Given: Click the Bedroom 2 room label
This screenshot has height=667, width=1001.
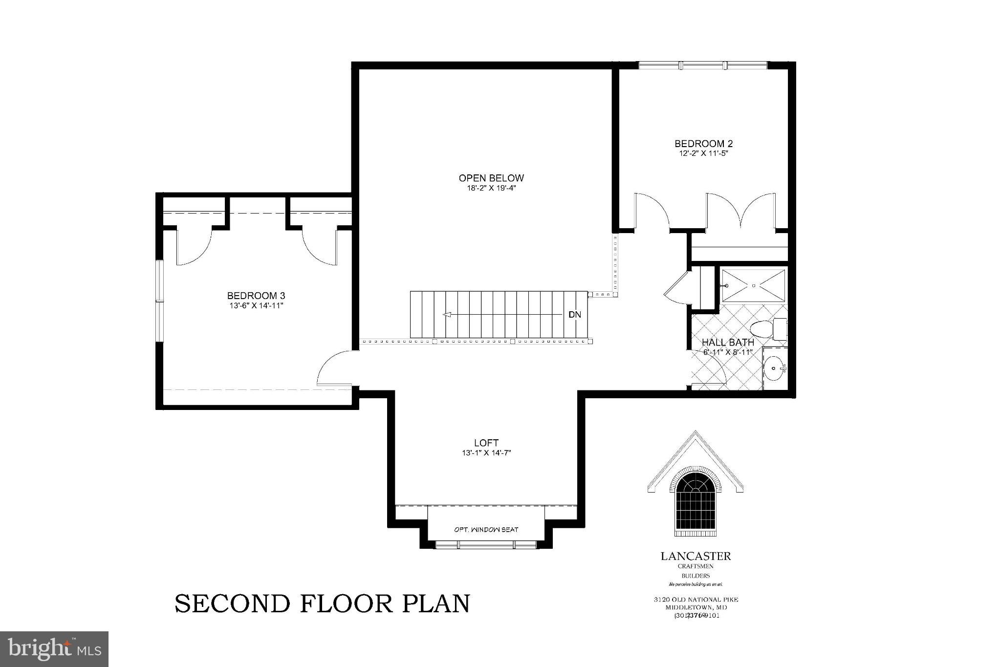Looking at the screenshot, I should point(703,144).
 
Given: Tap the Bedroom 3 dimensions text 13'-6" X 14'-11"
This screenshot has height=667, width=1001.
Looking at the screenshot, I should point(256,306).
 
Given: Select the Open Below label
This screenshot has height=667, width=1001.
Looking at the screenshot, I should point(491,178).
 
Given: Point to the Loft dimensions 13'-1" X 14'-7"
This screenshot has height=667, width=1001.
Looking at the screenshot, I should point(486,453).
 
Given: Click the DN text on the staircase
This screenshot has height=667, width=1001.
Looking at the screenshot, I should point(575,315).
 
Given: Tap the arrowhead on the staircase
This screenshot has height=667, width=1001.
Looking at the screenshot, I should point(446,315).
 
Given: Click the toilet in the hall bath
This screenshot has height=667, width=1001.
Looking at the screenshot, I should point(763,328).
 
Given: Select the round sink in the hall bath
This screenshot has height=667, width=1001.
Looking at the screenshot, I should point(774,367).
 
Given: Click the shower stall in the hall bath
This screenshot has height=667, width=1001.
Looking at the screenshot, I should point(753,285).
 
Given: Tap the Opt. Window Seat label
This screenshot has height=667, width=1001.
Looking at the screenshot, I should point(486,530).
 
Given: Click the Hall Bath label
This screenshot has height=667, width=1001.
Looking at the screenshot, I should point(728,343).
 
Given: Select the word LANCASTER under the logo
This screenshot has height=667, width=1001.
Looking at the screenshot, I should point(696,556).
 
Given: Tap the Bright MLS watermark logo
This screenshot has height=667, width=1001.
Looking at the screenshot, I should point(54,649).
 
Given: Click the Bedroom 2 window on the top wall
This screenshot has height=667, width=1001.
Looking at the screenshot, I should point(703,65).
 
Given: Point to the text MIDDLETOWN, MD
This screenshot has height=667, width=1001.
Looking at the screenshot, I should point(696,607).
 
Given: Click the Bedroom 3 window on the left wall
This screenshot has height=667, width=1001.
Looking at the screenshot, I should point(159,301).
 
